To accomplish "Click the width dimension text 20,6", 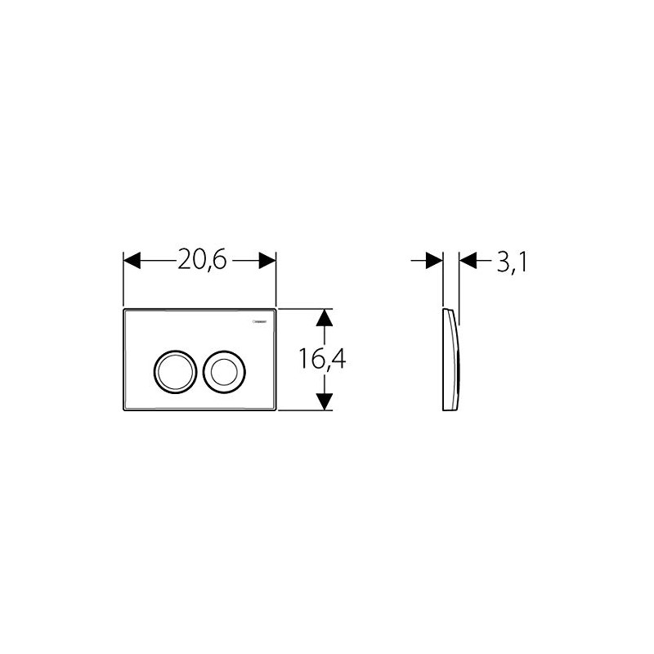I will click(x=200, y=261).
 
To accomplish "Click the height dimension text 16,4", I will click(x=320, y=359).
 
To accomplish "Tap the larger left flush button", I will click(x=172, y=371).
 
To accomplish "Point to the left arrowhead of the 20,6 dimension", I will click(x=133, y=261).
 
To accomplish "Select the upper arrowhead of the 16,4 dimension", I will click(x=325, y=318).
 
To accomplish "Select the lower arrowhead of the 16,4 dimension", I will click(x=325, y=401).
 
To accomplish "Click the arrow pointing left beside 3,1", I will click(x=469, y=261).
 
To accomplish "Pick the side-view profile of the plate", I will click(x=452, y=360).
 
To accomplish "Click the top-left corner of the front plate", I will click(x=124, y=311).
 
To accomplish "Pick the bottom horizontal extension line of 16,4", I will click(x=307, y=411).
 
